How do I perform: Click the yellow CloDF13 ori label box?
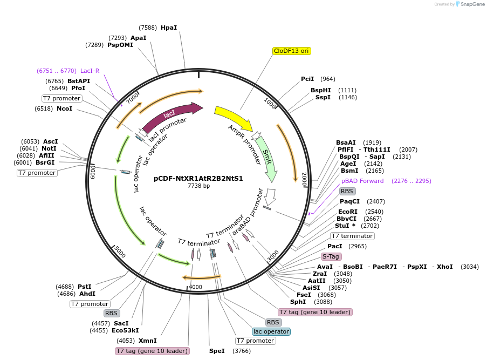point(292,51)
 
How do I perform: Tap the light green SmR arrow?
point(267,157)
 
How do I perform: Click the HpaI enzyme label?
point(169,28)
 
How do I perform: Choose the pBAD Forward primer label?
point(362,181)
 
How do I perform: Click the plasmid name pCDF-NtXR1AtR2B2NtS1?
point(198,178)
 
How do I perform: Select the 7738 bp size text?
point(198,186)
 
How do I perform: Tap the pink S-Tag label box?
point(331,256)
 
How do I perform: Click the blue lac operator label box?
point(271,331)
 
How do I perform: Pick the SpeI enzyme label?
point(217,351)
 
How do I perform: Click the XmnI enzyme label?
point(148,341)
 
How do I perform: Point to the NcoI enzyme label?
point(64,108)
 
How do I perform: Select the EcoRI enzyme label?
point(348,212)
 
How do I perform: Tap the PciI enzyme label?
point(307,79)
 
